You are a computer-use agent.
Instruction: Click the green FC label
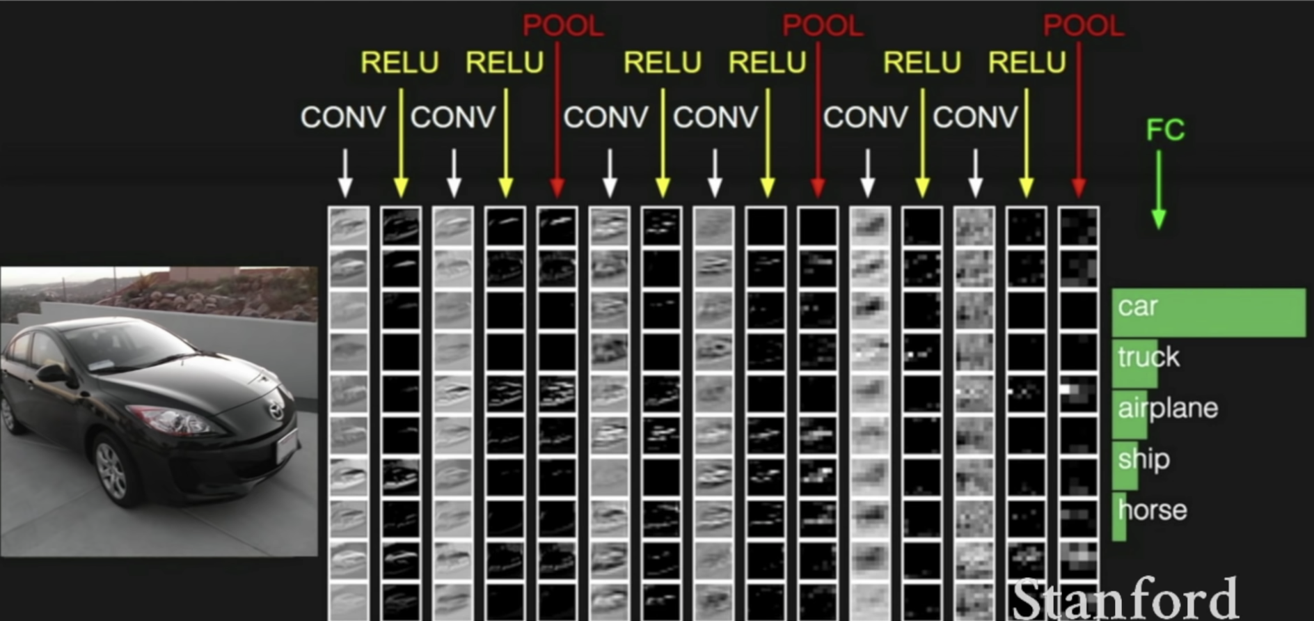click(x=1165, y=129)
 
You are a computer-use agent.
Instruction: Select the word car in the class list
click(x=1137, y=307)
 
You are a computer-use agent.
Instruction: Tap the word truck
click(x=1148, y=357)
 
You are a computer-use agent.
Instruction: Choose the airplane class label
click(x=1168, y=408)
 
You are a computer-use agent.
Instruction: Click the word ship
click(x=1143, y=459)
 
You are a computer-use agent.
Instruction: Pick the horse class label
click(x=1153, y=510)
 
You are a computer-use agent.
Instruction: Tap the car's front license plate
click(x=286, y=446)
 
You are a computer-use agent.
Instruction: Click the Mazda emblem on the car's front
click(x=276, y=411)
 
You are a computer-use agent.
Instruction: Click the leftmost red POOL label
click(x=562, y=26)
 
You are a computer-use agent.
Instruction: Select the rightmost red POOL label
click(x=1083, y=26)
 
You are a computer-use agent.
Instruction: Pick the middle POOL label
click(x=822, y=26)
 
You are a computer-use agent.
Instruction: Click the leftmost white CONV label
click(x=342, y=117)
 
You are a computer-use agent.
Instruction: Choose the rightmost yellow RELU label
click(x=1027, y=63)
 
